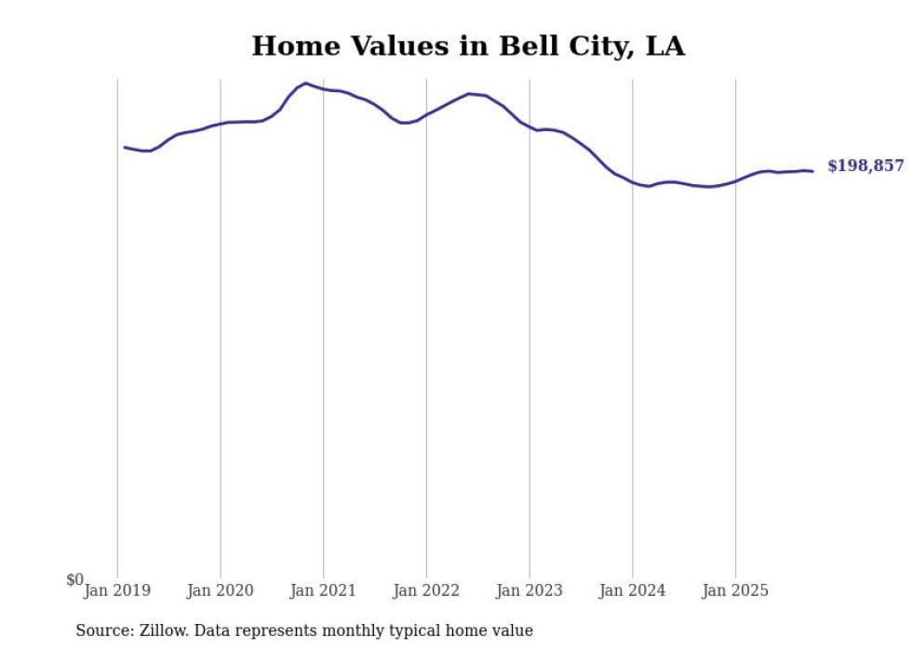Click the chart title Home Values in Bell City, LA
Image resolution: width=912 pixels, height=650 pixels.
coord(468,46)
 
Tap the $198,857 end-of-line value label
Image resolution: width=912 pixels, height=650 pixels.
coord(865,166)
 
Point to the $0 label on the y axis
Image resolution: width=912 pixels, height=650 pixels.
coord(74,579)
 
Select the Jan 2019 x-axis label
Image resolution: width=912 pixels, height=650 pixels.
coord(117,590)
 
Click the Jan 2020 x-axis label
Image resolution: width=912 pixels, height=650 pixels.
coord(221,590)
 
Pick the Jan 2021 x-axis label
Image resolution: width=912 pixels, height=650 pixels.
coord(324,590)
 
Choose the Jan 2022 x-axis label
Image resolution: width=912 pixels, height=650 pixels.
coord(426,590)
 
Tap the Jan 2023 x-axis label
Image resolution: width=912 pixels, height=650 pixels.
coord(530,590)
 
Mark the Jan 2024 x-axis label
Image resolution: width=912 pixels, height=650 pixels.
coord(633,590)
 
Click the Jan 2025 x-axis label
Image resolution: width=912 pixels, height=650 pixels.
coord(735,590)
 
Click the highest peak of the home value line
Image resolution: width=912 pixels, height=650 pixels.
coord(305,84)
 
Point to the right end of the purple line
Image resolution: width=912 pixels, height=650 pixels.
coord(812,171)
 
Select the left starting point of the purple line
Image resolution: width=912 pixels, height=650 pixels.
coord(125,147)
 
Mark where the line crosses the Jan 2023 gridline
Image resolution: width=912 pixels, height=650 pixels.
coord(530,126)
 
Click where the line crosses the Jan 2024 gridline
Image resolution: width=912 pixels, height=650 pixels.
coord(633,181)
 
